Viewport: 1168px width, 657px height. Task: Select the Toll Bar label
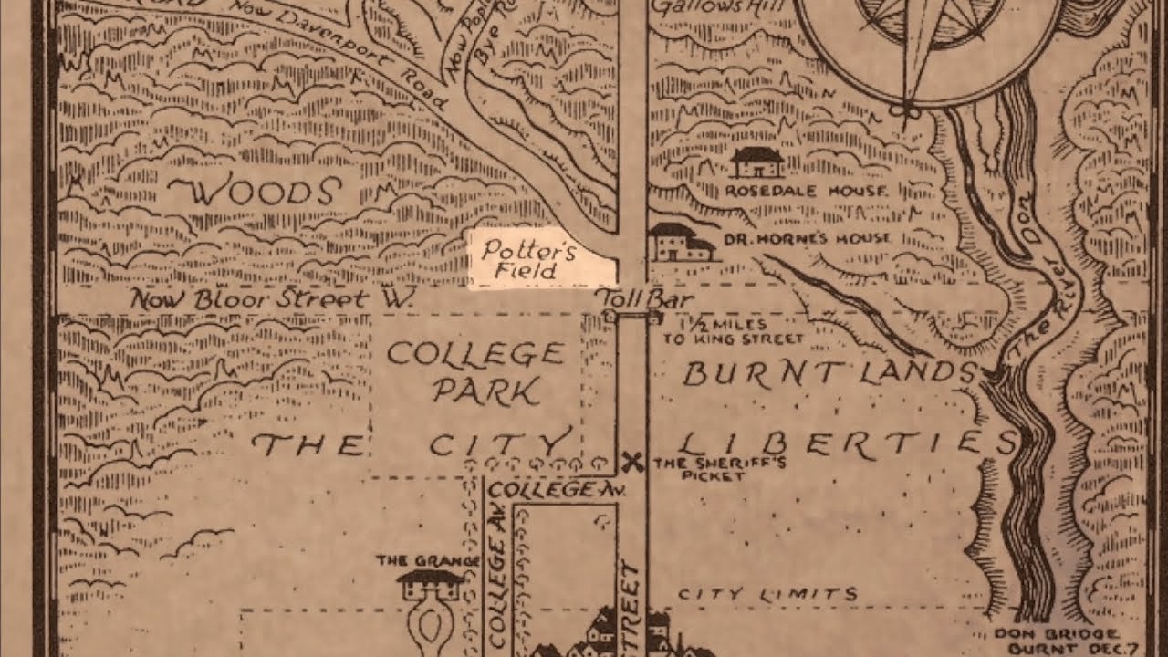[x=644, y=298]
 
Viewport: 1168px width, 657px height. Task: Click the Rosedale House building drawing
[x=757, y=163]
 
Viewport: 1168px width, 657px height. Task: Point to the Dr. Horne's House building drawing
[x=681, y=243]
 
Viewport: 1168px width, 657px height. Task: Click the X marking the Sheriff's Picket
[x=632, y=463]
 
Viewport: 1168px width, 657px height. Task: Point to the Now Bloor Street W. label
[x=273, y=298]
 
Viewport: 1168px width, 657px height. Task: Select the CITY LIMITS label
[x=767, y=595]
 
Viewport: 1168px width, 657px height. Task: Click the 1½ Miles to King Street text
[x=740, y=331]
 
